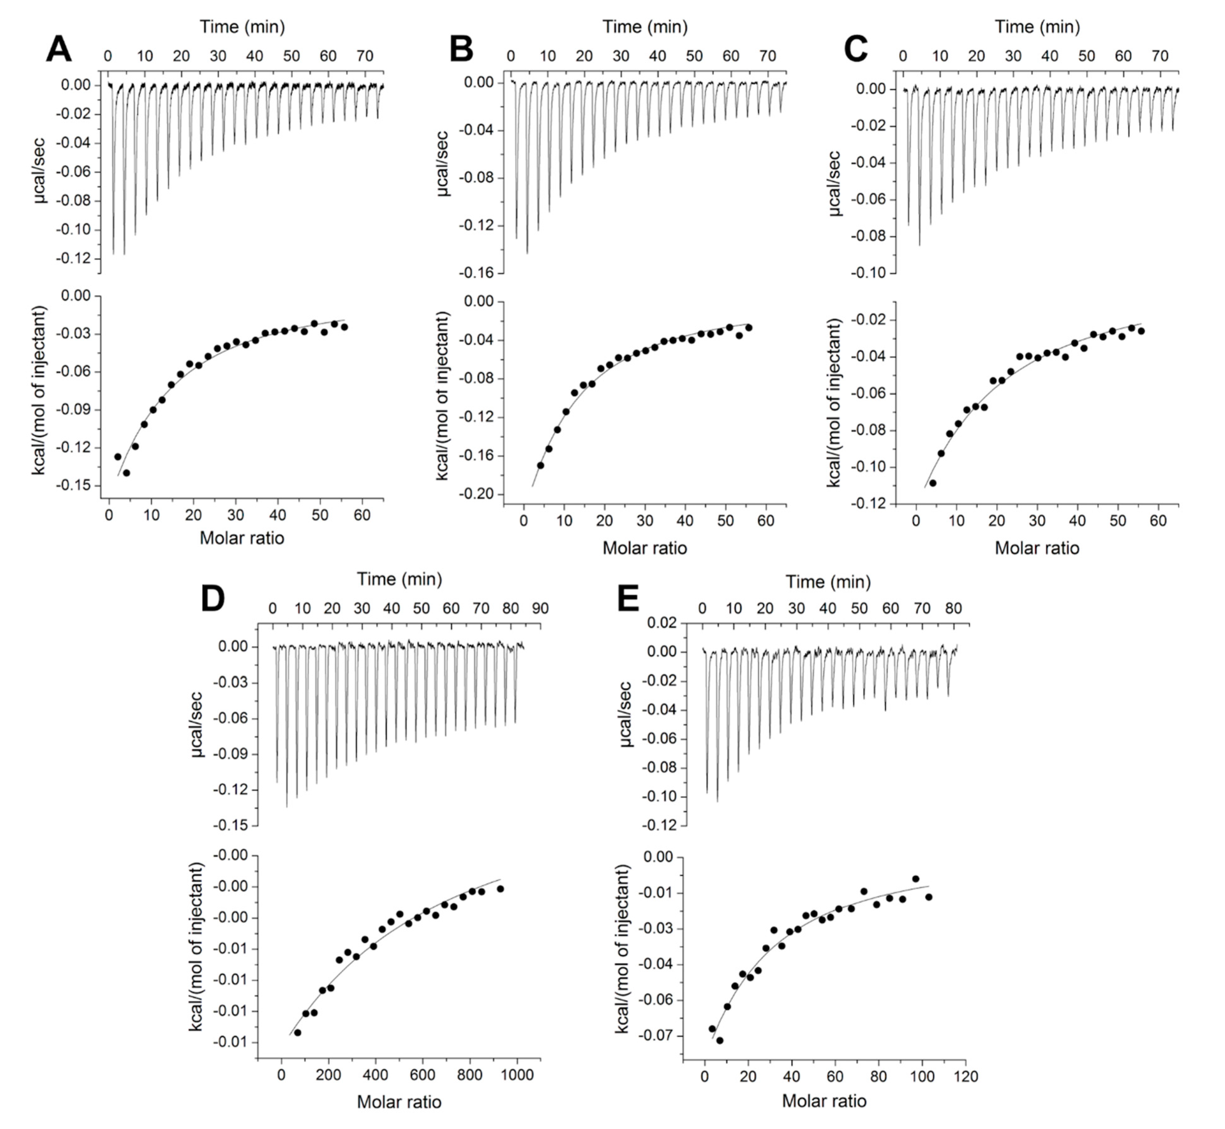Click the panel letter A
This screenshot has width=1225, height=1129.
(x=59, y=49)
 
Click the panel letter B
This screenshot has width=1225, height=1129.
(x=461, y=49)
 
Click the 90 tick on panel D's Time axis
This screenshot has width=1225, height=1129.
(x=540, y=609)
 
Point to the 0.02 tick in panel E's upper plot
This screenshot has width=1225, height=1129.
(x=662, y=623)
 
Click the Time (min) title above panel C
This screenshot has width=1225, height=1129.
(x=1037, y=27)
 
